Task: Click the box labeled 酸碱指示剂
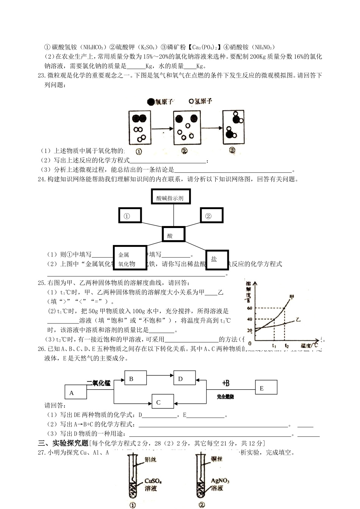pos(170,197)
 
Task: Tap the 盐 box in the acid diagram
pos(217,260)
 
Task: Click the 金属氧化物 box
pos(130,258)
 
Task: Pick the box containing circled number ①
pos(130,215)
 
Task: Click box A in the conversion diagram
pos(76,392)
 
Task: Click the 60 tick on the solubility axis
pos(249,308)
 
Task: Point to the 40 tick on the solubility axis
pos(249,319)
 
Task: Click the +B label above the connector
pos(226,384)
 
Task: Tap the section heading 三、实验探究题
pos(63,443)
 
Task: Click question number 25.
pos(42,283)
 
